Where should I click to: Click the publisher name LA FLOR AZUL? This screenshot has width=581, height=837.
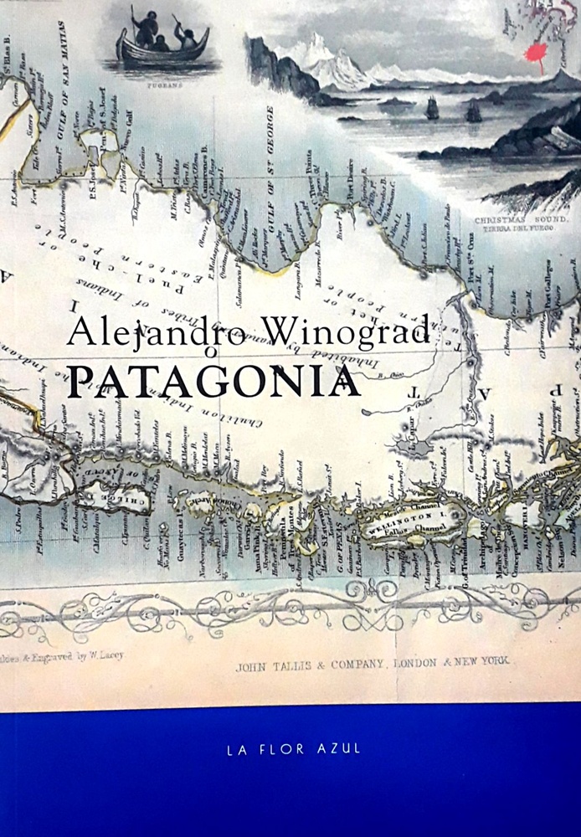(294, 748)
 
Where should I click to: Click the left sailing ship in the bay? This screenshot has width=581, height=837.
(432, 107)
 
